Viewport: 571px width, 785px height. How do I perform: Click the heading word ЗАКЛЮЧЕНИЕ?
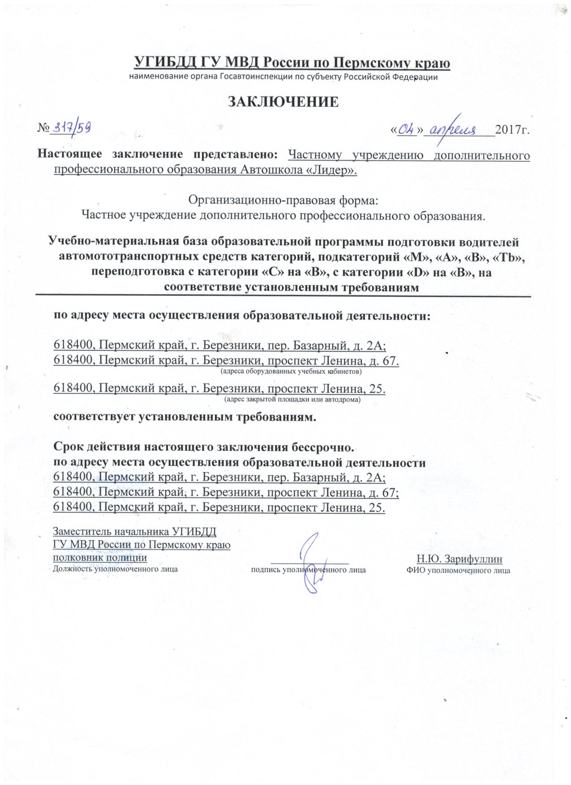[283, 102]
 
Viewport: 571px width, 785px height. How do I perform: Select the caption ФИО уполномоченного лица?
[458, 571]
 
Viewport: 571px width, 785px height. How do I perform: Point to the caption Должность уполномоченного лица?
[115, 570]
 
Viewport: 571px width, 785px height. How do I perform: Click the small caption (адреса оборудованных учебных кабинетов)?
[291, 371]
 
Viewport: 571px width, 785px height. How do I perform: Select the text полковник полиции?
[100, 558]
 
